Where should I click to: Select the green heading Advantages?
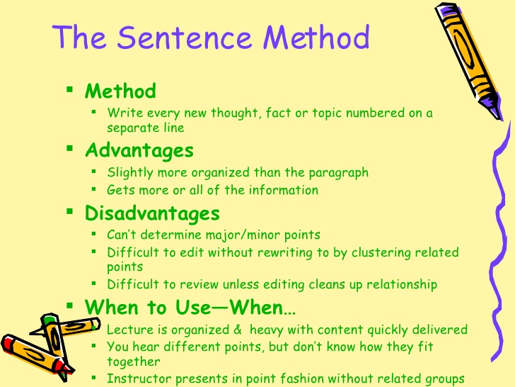tap(139, 150)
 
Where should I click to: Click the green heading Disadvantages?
tap(152, 213)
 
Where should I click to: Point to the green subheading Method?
tap(120, 91)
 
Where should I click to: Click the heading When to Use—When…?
tap(190, 308)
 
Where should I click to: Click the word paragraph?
tap(339, 172)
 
